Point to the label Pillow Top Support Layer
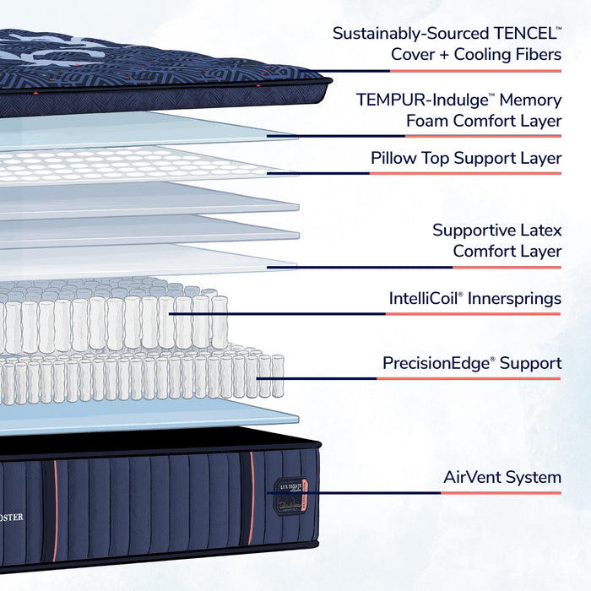(x=466, y=158)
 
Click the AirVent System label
(x=502, y=477)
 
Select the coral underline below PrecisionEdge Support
(x=469, y=378)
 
